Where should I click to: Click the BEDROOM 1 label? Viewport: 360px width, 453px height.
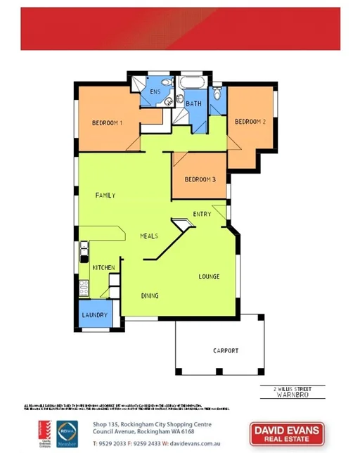point(108,123)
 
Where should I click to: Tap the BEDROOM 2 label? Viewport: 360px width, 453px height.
point(250,122)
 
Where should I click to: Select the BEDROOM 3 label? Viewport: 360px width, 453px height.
point(200,179)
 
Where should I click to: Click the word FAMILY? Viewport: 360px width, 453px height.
point(105,195)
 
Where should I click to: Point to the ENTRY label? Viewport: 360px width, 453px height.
point(202,215)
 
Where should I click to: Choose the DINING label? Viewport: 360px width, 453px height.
point(149,295)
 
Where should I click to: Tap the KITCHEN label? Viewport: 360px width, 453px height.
point(103,268)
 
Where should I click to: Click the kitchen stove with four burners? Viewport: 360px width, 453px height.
point(84,287)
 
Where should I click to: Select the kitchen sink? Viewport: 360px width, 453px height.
point(84,248)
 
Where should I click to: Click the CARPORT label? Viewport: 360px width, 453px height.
point(226,350)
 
